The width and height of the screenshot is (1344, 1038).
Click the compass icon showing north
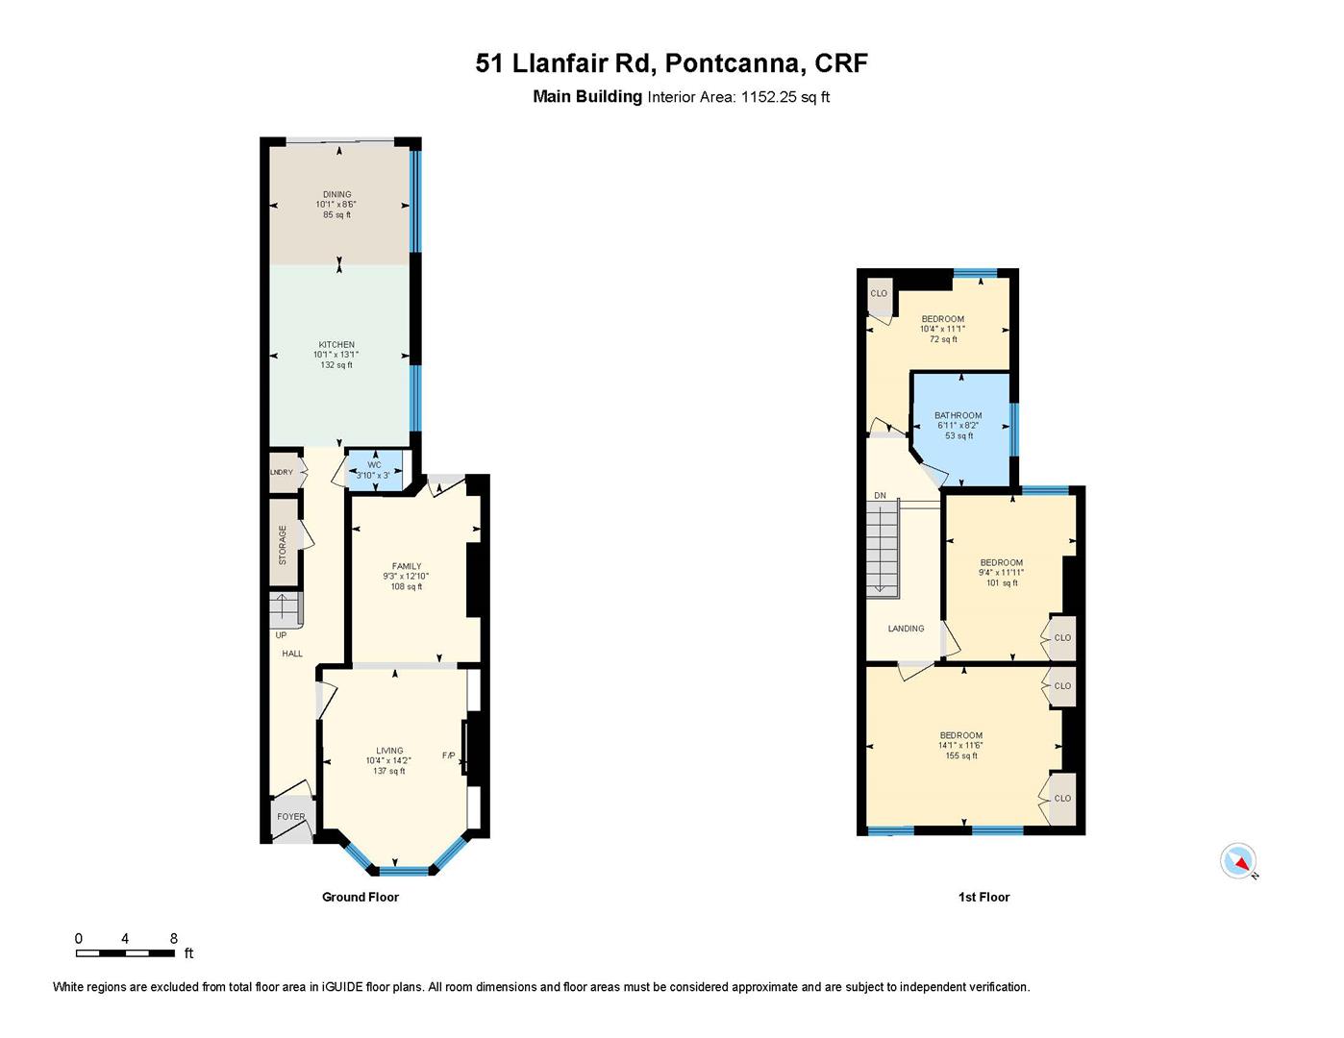[1238, 861]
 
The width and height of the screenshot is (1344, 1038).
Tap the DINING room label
[336, 195]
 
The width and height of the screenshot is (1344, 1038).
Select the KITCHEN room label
[336, 345]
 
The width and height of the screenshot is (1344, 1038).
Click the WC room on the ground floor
[374, 470]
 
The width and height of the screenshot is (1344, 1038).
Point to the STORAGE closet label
[283, 544]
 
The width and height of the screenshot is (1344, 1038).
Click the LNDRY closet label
[282, 472]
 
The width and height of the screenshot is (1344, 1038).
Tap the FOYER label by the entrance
[290, 817]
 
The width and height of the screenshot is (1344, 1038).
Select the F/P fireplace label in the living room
[448, 755]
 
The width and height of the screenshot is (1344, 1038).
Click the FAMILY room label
[406, 566]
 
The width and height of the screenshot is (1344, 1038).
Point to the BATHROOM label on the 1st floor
[958, 416]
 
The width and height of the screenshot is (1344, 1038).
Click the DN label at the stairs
[880, 496]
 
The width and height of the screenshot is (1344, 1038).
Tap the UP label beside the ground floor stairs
[281, 635]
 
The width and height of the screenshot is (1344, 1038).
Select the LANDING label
[906, 629]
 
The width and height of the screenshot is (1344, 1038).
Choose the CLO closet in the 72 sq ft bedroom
[879, 294]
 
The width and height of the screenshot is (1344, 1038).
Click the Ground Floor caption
[360, 897]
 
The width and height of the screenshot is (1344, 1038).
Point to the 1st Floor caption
[983, 897]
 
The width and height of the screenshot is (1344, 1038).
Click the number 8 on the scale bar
[173, 938]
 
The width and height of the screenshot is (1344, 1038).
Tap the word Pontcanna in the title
[733, 63]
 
